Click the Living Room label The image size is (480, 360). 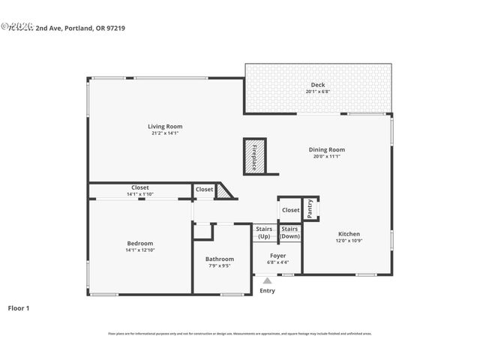pos(165,127)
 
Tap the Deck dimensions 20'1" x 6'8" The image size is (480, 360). pos(317,91)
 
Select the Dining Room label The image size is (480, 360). pos(327,149)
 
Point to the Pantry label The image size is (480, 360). pos(310,208)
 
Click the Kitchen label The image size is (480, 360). pos(349,233)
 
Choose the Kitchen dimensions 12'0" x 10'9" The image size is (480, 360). pos(349,241)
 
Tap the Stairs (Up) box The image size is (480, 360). pos(264,232)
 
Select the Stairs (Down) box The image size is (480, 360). pos(289,232)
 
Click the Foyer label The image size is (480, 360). pos(277,256)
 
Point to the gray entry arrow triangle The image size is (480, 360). pos(266,280)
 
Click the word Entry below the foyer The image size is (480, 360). pos(267,291)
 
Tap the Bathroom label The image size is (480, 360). pos(220,259)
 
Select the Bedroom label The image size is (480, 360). pos(139,243)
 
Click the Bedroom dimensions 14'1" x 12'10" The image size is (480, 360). pos(139,250)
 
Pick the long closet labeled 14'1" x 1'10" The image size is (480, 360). pos(139,191)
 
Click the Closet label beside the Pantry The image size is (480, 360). pos(290,210)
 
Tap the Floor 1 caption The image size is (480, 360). pos(19,307)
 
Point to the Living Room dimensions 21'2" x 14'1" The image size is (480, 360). pos(165,134)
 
